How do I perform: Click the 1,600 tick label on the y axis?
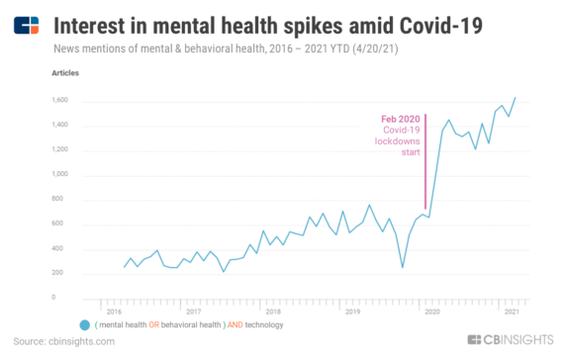(x=60, y=101)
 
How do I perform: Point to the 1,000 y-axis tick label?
(x=60, y=174)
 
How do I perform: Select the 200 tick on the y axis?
(x=63, y=272)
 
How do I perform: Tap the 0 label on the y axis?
(x=67, y=297)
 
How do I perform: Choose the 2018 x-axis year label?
(x=273, y=312)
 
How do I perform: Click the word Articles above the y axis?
(x=64, y=73)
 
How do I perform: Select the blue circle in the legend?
(x=85, y=324)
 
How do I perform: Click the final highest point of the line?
(x=516, y=98)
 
